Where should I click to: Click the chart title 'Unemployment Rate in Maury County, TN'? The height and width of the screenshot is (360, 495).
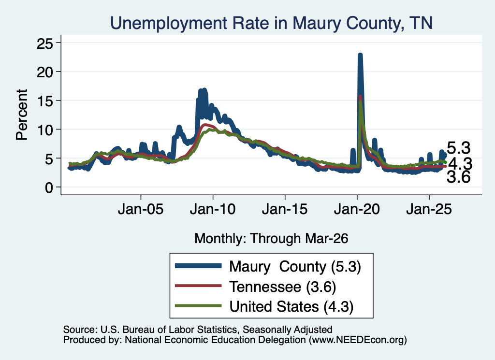[271, 23]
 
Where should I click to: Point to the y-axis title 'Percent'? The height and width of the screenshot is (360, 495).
[22, 115]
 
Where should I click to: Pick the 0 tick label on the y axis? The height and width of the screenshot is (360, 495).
[49, 187]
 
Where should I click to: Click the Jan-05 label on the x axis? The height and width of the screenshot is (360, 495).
[141, 209]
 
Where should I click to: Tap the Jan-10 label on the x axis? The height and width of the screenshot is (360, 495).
[213, 209]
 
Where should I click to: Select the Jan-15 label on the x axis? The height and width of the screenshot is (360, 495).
[285, 209]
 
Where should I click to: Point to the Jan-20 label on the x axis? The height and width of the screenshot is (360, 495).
[357, 209]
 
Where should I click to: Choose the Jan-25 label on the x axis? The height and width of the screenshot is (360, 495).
[429, 209]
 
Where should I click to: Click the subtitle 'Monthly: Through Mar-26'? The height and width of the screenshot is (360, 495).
[271, 238]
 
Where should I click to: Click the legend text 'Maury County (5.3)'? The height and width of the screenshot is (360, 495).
[295, 267]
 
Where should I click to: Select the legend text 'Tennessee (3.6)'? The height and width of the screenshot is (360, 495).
[282, 287]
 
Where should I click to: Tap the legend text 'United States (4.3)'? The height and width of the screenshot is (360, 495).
[291, 307]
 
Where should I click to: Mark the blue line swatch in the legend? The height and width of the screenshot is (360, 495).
[198, 266]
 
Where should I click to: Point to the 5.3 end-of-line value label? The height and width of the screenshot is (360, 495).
[459, 148]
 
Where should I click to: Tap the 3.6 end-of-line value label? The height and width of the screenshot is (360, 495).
[459, 177]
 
